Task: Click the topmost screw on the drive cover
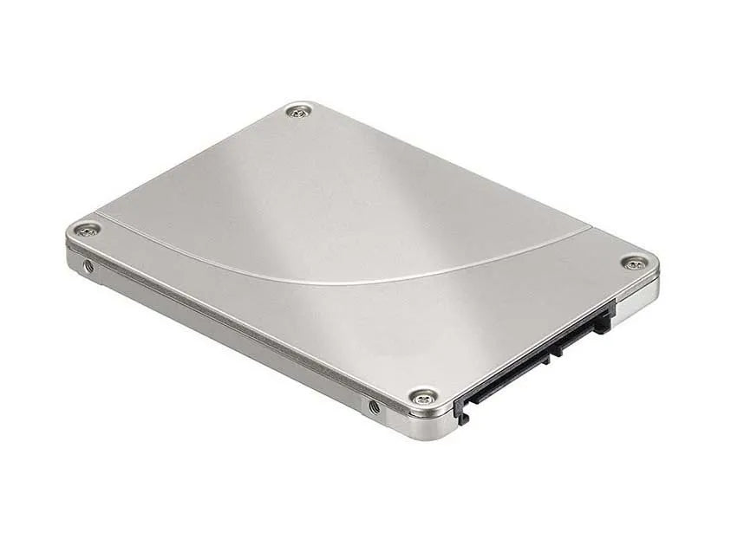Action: (300, 110)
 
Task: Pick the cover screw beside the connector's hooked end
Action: (422, 397)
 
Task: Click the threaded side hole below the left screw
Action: (88, 266)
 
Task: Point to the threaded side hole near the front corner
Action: (374, 406)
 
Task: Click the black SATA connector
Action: (538, 356)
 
